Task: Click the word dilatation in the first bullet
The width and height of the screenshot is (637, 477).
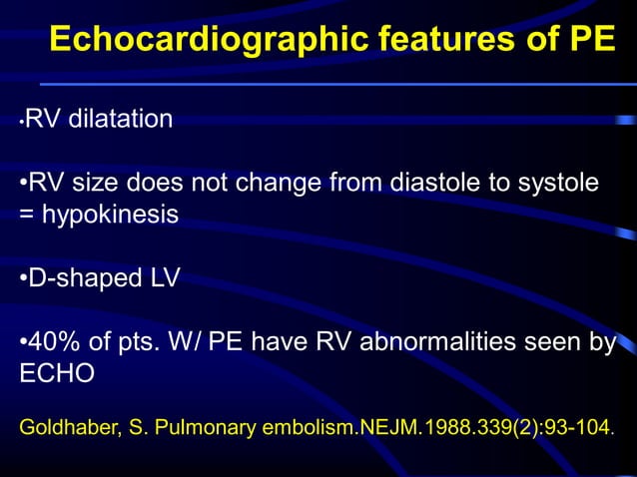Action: tap(119, 120)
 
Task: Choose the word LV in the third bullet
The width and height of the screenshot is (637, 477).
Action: tap(164, 277)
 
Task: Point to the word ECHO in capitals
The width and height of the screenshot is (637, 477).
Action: tap(57, 373)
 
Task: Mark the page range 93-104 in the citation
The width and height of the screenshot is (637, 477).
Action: tap(576, 428)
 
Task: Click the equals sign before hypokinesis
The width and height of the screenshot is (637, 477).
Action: tap(27, 215)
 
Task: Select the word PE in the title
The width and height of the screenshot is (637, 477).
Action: tap(591, 40)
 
